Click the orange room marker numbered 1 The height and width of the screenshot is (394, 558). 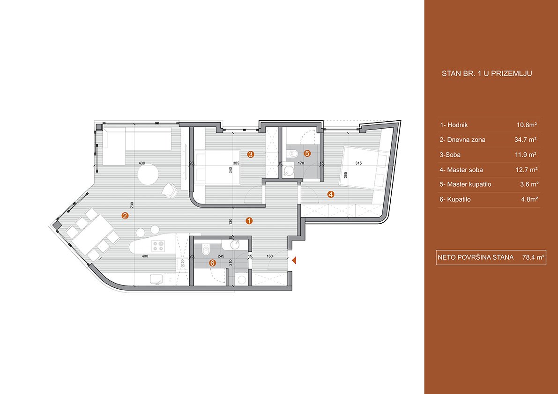(x=249, y=220)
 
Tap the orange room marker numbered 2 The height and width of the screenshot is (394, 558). (x=125, y=215)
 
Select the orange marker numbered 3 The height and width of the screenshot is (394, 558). (x=251, y=154)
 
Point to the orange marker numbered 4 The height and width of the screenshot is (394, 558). (x=331, y=194)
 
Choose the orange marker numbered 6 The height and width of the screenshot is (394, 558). (x=213, y=263)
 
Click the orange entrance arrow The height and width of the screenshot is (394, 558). (x=294, y=261)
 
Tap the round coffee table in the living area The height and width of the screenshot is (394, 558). (x=148, y=174)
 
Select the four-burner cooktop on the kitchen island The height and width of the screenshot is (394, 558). (x=157, y=246)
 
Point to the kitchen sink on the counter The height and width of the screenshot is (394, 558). (x=156, y=279)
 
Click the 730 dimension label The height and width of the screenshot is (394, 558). (x=131, y=205)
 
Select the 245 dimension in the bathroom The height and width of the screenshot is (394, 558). (x=221, y=256)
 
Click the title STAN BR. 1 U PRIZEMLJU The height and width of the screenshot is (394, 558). (x=486, y=74)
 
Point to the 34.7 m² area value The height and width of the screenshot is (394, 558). (x=525, y=139)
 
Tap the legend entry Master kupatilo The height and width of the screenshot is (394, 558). (x=466, y=184)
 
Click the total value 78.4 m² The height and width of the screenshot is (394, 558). (x=534, y=257)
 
